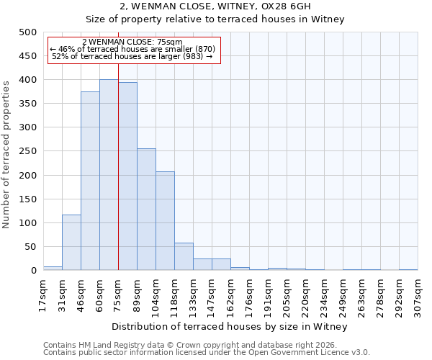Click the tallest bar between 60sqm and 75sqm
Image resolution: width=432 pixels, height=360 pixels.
(109, 175)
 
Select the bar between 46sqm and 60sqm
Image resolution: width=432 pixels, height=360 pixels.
(90, 181)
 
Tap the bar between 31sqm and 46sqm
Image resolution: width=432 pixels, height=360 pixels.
(71, 243)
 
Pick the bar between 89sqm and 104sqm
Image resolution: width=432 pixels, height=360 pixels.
(146, 210)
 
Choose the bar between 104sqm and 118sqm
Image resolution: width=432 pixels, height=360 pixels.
(165, 221)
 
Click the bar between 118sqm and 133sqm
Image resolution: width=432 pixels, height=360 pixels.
(184, 257)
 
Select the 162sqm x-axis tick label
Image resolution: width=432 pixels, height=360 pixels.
(230, 294)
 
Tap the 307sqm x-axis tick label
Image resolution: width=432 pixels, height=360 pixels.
(418, 294)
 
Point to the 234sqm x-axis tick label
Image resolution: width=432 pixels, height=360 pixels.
(324, 294)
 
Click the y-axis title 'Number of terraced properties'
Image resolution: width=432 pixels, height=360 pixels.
(7, 154)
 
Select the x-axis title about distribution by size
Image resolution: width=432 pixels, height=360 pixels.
(230, 327)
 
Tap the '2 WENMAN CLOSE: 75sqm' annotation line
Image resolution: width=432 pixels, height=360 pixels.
(133, 42)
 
